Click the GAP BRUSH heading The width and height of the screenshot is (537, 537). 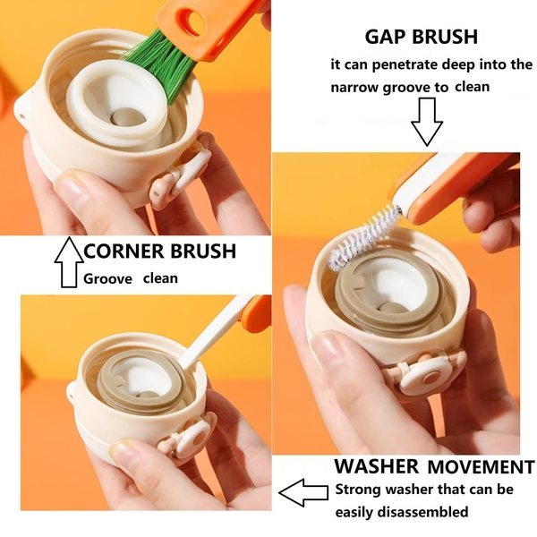(x=421, y=37)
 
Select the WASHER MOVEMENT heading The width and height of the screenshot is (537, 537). (x=434, y=466)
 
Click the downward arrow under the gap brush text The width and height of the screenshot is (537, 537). (x=428, y=121)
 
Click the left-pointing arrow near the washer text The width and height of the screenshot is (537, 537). (x=302, y=491)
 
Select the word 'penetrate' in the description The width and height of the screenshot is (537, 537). (x=430, y=64)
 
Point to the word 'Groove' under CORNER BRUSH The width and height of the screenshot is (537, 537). (x=108, y=278)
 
